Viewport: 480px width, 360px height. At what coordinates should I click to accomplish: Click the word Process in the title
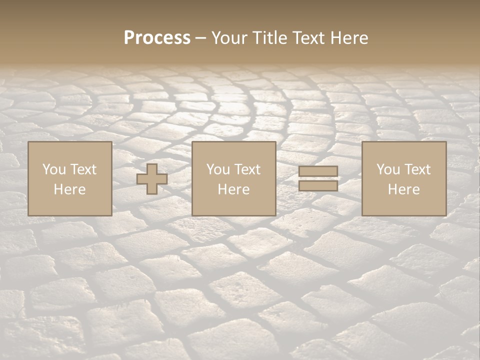(157, 38)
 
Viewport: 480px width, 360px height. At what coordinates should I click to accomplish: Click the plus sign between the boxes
(152, 179)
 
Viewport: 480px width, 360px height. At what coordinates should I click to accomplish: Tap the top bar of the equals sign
(318, 171)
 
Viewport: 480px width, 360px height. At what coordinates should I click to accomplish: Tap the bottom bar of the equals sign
(318, 185)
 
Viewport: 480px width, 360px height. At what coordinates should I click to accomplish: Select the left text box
(69, 178)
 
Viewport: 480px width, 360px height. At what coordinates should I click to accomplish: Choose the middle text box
(233, 178)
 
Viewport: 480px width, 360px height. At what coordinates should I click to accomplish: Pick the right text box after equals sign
(403, 178)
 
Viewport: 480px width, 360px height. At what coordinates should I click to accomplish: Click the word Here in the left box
(69, 189)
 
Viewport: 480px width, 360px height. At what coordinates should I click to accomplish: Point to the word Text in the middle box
(247, 169)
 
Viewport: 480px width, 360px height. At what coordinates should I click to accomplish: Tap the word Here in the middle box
(233, 189)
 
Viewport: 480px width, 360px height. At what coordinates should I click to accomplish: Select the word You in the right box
(388, 169)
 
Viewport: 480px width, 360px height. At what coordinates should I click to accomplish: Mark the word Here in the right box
(403, 189)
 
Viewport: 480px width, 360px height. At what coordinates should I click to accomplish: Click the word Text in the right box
(417, 169)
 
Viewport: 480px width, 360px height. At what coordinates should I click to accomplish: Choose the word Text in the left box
(83, 169)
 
